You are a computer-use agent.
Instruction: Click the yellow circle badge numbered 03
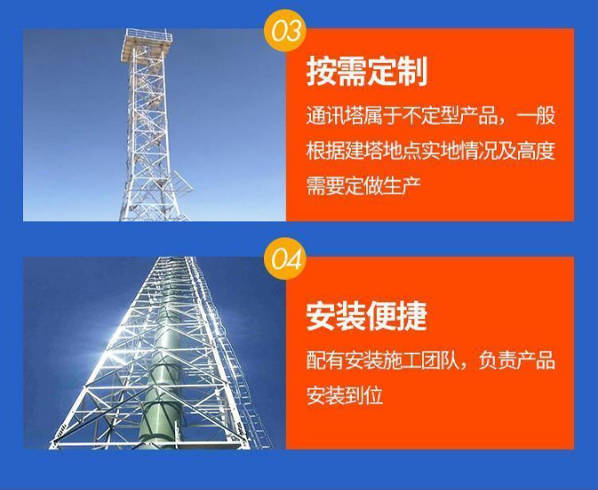tap(284, 30)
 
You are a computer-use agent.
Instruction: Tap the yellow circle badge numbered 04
tap(284, 259)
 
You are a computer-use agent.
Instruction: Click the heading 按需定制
tap(366, 72)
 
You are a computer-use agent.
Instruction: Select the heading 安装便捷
tap(366, 316)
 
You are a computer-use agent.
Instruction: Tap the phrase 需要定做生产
tap(363, 186)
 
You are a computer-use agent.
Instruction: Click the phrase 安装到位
tap(345, 395)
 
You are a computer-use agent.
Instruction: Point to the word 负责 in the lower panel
tap(498, 359)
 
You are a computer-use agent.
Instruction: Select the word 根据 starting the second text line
tap(325, 150)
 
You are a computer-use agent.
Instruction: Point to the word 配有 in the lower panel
tap(325, 359)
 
